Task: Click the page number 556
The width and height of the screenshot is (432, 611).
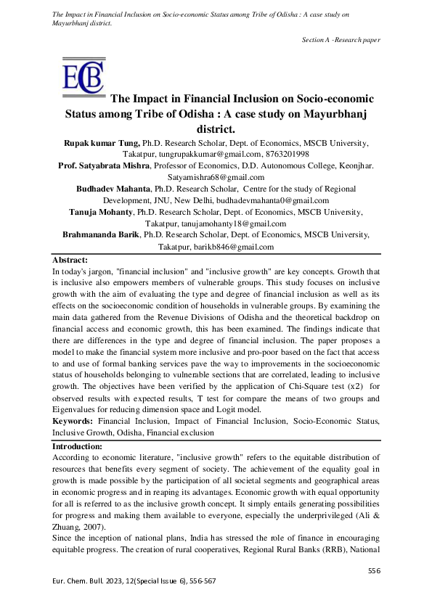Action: (x=374, y=571)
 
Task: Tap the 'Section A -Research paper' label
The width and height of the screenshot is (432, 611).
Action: (x=341, y=39)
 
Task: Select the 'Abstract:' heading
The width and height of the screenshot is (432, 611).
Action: (x=70, y=260)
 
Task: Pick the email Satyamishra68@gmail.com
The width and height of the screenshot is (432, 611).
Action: (x=216, y=177)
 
